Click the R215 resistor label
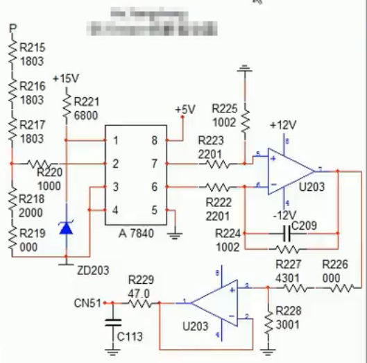[x=33, y=48]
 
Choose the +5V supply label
[x=185, y=110]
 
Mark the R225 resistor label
[x=225, y=109]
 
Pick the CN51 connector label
[x=87, y=303]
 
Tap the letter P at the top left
[x=12, y=28]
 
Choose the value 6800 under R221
[x=85, y=116]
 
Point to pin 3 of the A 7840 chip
[x=116, y=187]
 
